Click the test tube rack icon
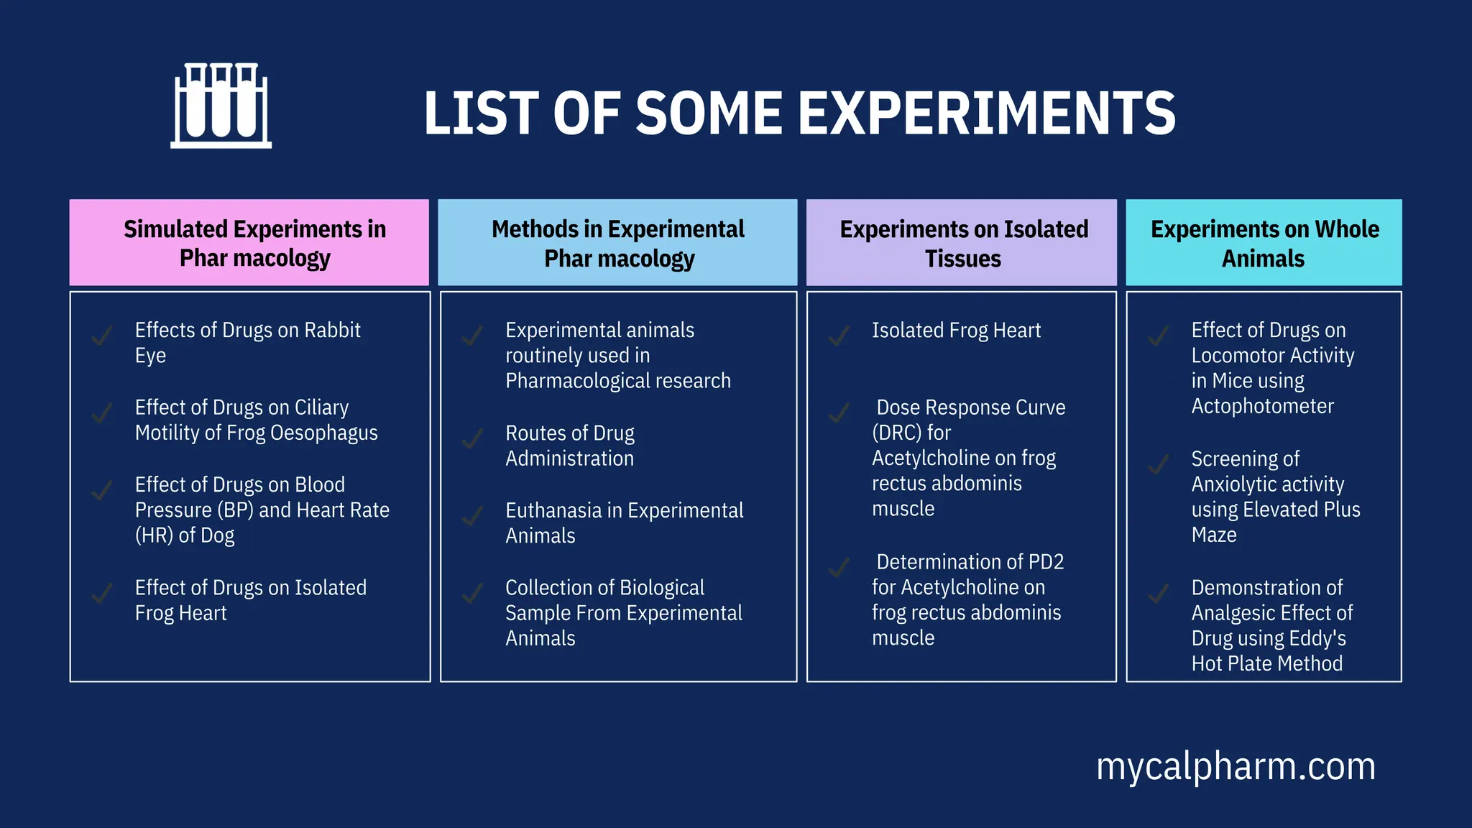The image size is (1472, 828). tap(221, 106)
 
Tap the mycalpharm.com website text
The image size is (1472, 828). tap(1235, 766)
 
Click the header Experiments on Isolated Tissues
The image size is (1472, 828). tap(962, 243)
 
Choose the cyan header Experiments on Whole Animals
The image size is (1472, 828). tap(1264, 243)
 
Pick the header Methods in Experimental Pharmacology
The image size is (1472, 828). tap(617, 243)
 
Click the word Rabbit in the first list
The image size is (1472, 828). tap(332, 331)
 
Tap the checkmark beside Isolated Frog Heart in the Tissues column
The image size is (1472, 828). tap(839, 336)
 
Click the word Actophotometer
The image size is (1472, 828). tap(1262, 407)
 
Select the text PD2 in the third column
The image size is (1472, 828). tap(1046, 562)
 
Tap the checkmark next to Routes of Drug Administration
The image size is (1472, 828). tap(472, 438)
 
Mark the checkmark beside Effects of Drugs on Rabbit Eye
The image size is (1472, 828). tap(102, 336)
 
